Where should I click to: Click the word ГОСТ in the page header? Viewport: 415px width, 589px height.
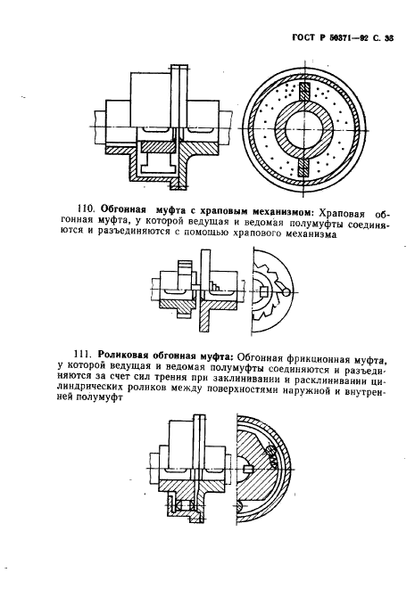pyautogui.click(x=303, y=38)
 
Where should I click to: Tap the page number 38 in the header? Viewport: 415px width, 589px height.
pyautogui.click(x=388, y=38)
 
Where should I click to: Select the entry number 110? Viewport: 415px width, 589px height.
pyautogui.click(x=86, y=209)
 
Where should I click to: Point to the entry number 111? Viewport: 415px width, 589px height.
pyautogui.click(x=85, y=355)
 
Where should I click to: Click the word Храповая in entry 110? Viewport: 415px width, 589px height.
pyautogui.click(x=342, y=214)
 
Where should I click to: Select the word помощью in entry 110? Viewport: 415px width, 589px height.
pyautogui.click(x=207, y=234)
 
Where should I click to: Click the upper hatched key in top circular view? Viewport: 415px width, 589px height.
pyautogui.click(x=304, y=93)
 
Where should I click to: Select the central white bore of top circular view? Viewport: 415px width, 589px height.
pyautogui.click(x=304, y=130)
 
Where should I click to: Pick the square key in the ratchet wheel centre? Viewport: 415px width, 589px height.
pyautogui.click(x=264, y=291)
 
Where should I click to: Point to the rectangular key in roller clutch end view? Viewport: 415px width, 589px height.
pyautogui.click(x=247, y=470)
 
